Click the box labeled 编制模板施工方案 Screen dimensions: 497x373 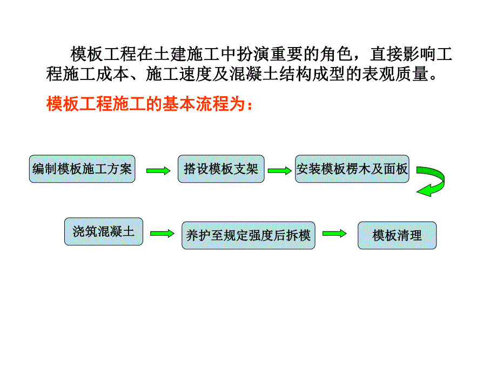82,169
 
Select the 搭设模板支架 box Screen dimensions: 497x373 221,169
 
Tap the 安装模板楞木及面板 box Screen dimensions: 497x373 352,169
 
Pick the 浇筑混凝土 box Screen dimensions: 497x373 104,232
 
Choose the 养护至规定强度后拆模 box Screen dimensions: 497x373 248,236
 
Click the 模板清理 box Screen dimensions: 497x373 397,236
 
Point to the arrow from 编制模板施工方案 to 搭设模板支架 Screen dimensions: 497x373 157,170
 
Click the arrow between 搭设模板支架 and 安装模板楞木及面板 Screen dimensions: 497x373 279,170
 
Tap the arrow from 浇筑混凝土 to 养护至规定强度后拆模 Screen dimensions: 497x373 163,234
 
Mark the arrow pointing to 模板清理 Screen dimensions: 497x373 334,234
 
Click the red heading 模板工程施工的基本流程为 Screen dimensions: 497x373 149,103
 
